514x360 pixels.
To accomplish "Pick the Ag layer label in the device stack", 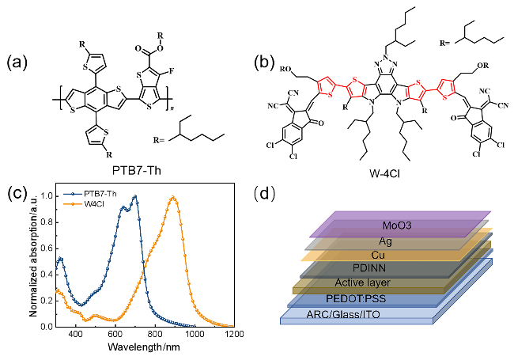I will tap(387, 241).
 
